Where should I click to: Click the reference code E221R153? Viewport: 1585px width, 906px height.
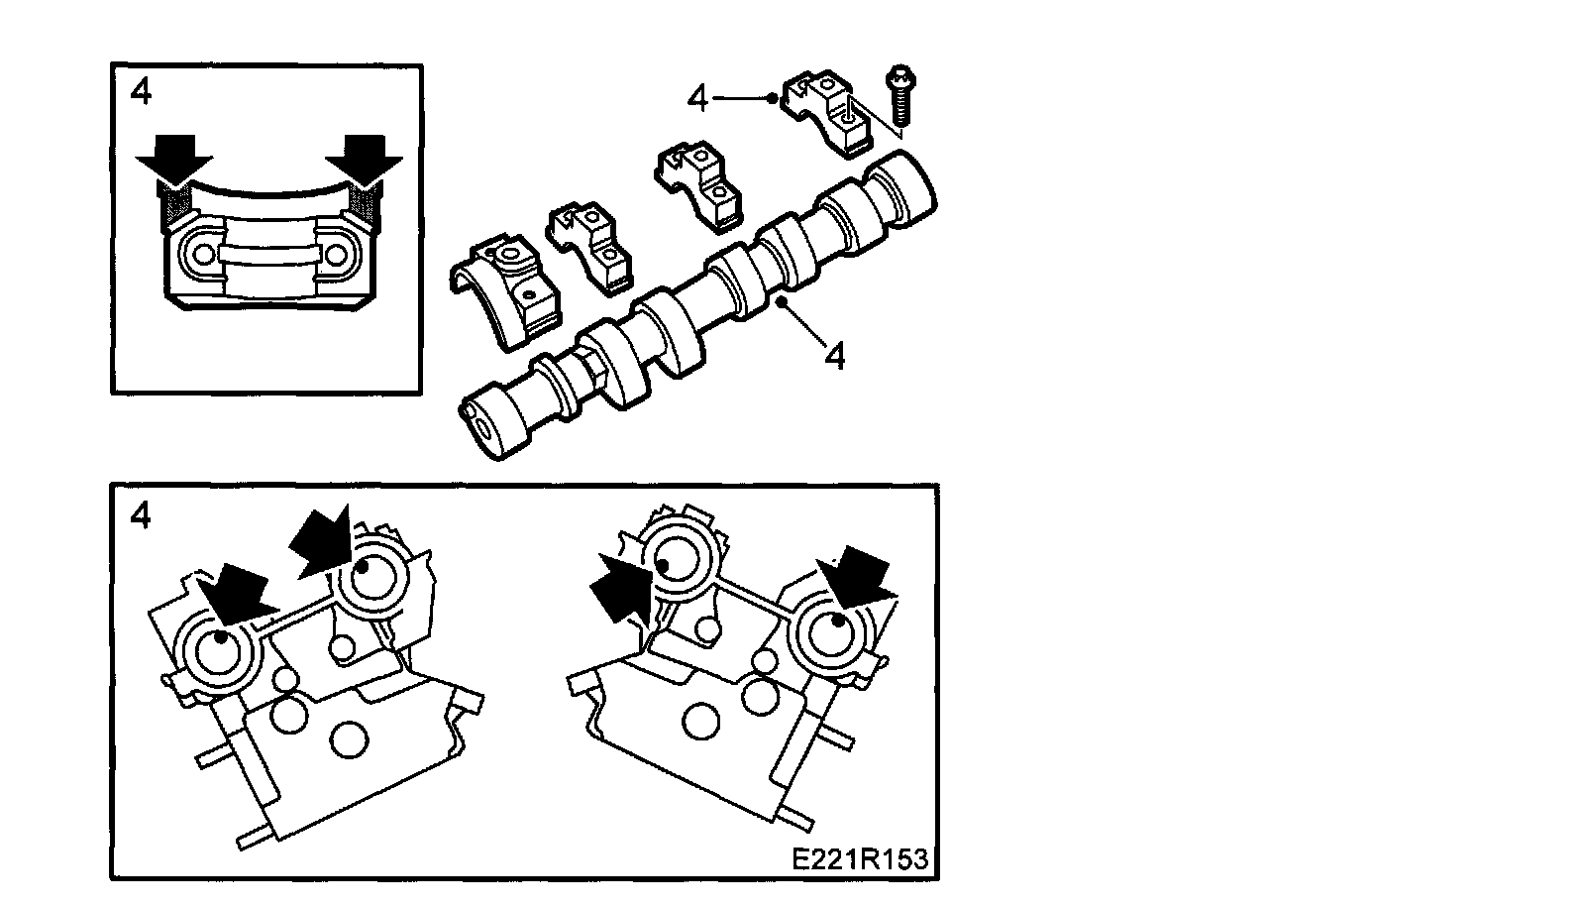(x=860, y=858)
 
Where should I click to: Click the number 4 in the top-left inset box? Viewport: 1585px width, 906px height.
(x=141, y=92)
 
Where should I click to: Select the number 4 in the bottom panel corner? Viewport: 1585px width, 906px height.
(x=141, y=515)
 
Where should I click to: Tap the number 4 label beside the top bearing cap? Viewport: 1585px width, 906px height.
(x=699, y=98)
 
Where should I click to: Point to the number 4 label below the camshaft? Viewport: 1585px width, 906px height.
(x=835, y=356)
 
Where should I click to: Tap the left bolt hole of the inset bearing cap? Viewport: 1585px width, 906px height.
(x=203, y=254)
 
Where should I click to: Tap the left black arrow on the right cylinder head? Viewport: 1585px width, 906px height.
(x=618, y=591)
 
